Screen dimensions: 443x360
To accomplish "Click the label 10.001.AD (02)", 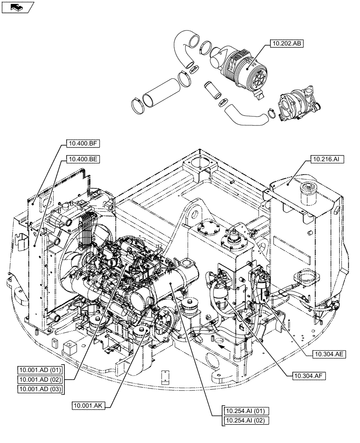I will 40,380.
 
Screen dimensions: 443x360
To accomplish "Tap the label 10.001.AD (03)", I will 40,389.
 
